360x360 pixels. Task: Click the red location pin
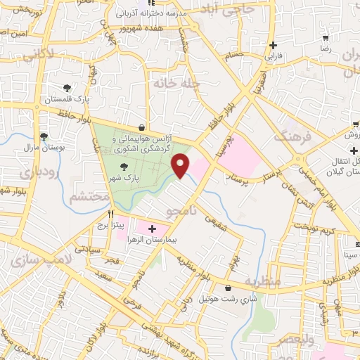(x=181, y=166)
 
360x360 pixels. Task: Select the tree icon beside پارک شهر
(x=124, y=167)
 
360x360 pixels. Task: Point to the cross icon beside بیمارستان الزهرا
(x=152, y=228)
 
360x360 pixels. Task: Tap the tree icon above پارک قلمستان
(x=67, y=88)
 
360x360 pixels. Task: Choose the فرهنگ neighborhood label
(x=294, y=136)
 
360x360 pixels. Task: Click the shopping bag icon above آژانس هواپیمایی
(x=143, y=129)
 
